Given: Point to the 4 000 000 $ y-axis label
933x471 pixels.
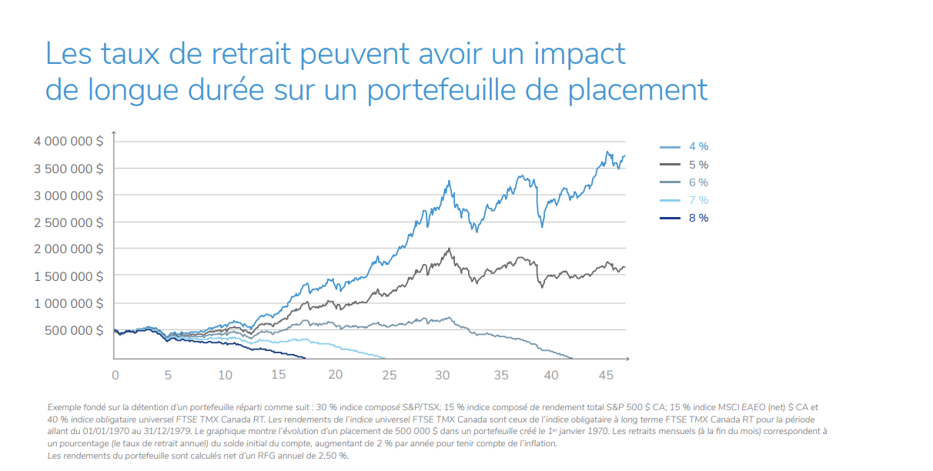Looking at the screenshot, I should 69,142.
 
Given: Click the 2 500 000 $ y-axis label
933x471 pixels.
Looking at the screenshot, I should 69,222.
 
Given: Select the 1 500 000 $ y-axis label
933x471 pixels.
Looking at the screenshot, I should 69,276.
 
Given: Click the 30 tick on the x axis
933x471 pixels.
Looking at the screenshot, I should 443,375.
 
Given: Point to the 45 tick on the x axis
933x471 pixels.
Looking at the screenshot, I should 604,375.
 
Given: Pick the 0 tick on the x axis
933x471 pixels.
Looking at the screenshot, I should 115,375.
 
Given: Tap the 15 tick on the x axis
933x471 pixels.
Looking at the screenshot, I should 279,375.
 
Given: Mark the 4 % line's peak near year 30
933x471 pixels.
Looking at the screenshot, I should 448,182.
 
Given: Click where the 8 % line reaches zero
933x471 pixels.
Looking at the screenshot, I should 306,358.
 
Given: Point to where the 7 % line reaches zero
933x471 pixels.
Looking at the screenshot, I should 384,358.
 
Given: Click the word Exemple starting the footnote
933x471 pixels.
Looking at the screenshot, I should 66,406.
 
